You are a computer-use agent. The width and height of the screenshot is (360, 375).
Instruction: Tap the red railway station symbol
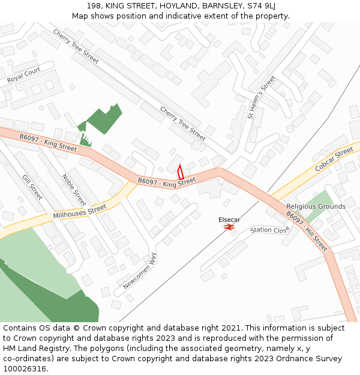click(x=229, y=227)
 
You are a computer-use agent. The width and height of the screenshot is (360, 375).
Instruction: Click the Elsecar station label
click(x=229, y=220)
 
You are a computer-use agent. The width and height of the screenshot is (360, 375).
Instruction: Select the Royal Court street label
click(x=23, y=76)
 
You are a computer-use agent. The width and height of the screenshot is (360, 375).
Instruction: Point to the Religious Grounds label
click(x=316, y=206)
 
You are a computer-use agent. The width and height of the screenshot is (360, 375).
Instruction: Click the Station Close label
click(x=269, y=230)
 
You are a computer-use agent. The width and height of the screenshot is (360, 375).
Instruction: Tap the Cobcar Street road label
click(x=334, y=159)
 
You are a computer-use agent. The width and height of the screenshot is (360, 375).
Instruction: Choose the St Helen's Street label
click(x=261, y=97)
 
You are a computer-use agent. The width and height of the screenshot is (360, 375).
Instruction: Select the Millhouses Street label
click(x=79, y=211)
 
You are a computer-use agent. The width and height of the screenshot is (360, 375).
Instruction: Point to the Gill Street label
click(x=32, y=187)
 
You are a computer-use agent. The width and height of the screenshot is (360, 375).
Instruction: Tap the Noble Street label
click(x=74, y=188)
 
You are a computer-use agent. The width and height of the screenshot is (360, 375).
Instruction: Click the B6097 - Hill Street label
click(x=307, y=230)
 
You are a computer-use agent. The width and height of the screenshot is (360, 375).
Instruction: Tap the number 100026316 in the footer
click(x=25, y=369)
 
